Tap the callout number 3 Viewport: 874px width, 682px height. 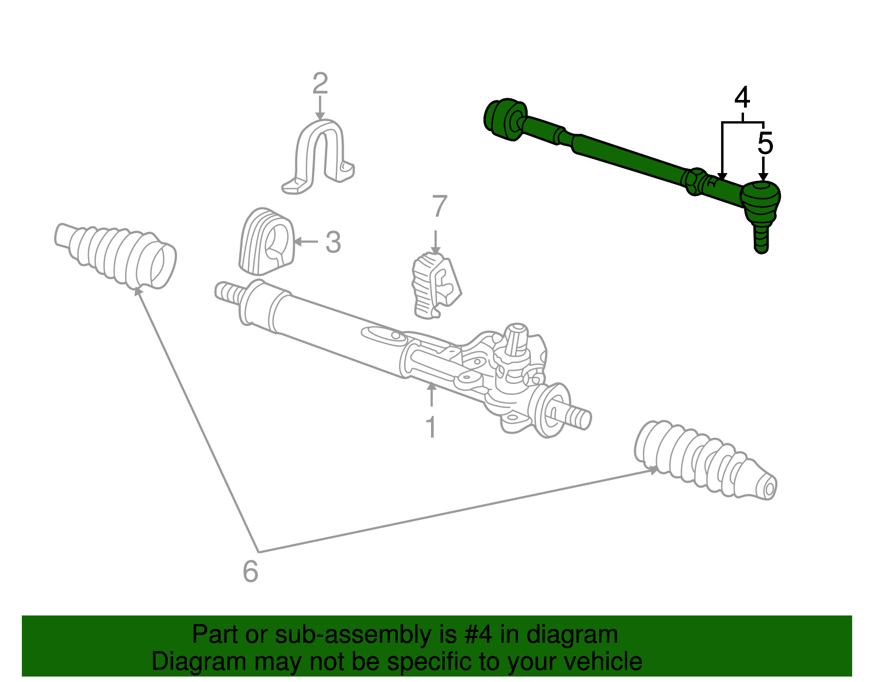pyautogui.click(x=333, y=242)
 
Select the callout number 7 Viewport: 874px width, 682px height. pyautogui.click(x=439, y=207)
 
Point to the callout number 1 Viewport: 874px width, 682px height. pyautogui.click(x=431, y=428)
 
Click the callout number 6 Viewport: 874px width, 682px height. pyautogui.click(x=250, y=572)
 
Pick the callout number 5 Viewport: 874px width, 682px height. pyautogui.click(x=765, y=144)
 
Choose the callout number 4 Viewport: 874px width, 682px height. pyautogui.click(x=742, y=98)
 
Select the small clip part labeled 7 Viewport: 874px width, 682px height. pyautogui.click(x=435, y=284)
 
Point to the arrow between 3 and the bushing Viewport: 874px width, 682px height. pyautogui.click(x=306, y=241)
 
